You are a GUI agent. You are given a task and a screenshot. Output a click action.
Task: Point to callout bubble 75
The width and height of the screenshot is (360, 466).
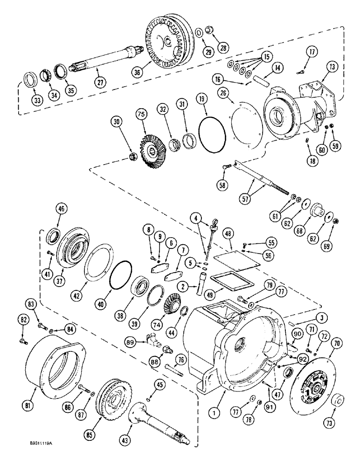coord(141,114)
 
